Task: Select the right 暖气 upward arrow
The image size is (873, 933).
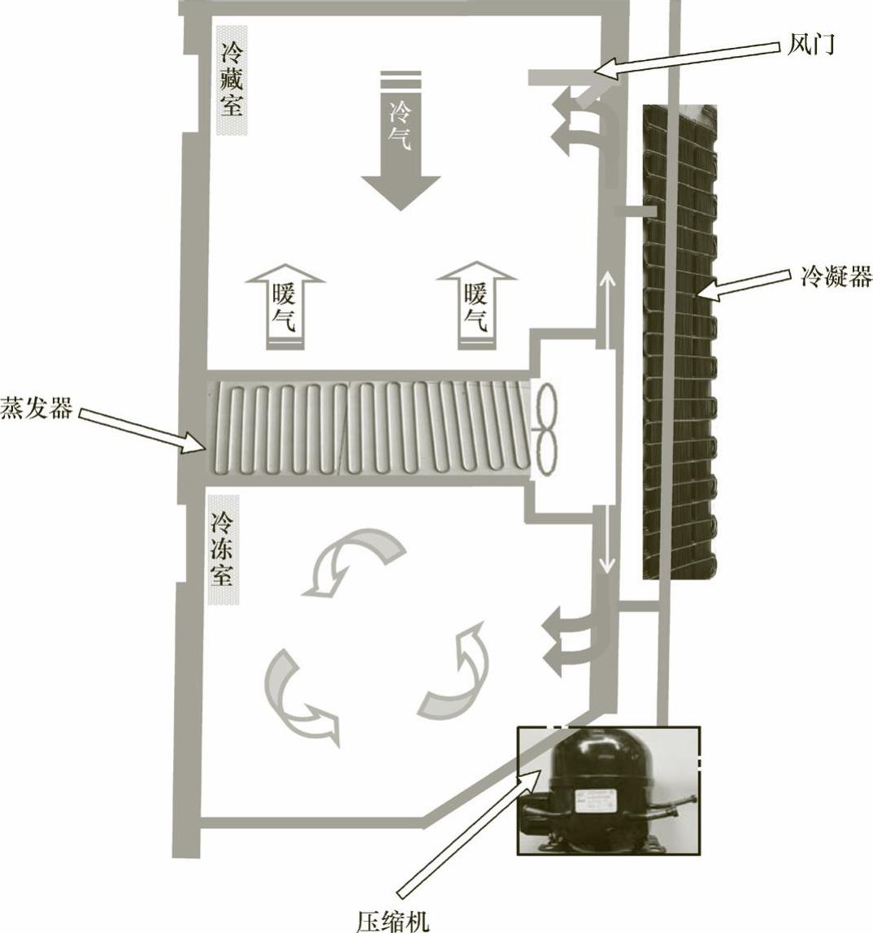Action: [x=476, y=307]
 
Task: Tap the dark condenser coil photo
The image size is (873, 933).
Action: [x=680, y=341]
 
